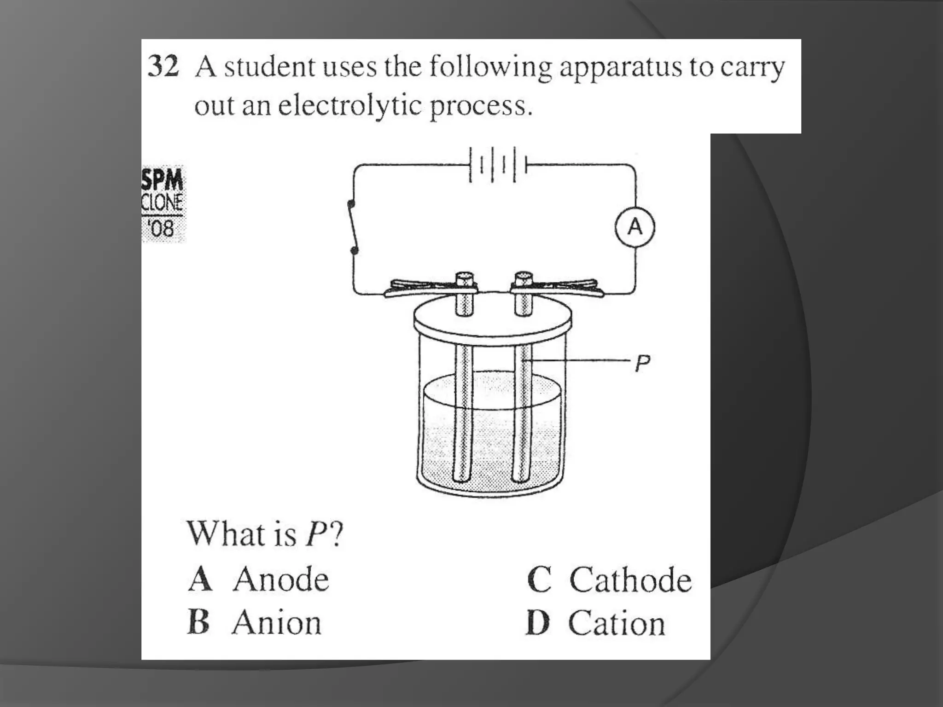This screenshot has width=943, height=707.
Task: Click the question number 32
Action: tap(163, 66)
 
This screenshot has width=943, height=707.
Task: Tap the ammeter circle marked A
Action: tap(635, 227)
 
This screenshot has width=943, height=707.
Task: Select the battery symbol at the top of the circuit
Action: tap(498, 165)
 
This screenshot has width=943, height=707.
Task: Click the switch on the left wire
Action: tap(354, 227)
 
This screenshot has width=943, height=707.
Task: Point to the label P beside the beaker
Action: tap(643, 363)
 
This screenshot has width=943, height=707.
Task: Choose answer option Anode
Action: tap(259, 579)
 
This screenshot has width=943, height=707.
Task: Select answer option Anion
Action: tap(254, 622)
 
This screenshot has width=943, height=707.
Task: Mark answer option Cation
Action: tap(596, 623)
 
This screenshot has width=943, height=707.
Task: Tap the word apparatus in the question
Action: tap(620, 68)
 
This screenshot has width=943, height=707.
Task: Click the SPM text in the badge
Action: tap(162, 180)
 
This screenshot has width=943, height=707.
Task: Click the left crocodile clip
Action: tap(431, 287)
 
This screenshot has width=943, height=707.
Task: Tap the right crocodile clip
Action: tap(557, 287)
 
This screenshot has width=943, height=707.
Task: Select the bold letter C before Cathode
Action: tap(540, 580)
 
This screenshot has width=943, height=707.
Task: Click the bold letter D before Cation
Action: tap(538, 623)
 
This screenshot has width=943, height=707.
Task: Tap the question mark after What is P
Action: tap(336, 534)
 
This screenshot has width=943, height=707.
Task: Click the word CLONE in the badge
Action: tap(162, 203)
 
